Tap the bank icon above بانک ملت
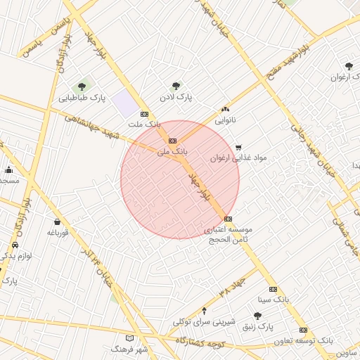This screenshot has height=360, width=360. click(x=144, y=114)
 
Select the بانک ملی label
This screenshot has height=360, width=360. click(x=174, y=151)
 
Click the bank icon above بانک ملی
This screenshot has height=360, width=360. click(x=173, y=141)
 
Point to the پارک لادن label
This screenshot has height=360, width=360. click(x=175, y=96)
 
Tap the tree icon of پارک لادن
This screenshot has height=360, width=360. click(x=176, y=86)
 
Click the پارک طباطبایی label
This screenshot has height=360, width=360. click(x=82, y=98)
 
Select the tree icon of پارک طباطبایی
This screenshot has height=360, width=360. click(x=82, y=87)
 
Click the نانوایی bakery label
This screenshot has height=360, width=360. click(x=225, y=120)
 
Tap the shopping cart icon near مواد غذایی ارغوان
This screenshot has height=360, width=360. click(x=238, y=148)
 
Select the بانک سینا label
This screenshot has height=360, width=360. click(x=274, y=300)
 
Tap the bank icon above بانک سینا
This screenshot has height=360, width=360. click(x=273, y=289)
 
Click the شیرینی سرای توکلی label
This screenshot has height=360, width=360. click(x=203, y=321)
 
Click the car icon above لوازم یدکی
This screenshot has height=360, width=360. click(x=15, y=245)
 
